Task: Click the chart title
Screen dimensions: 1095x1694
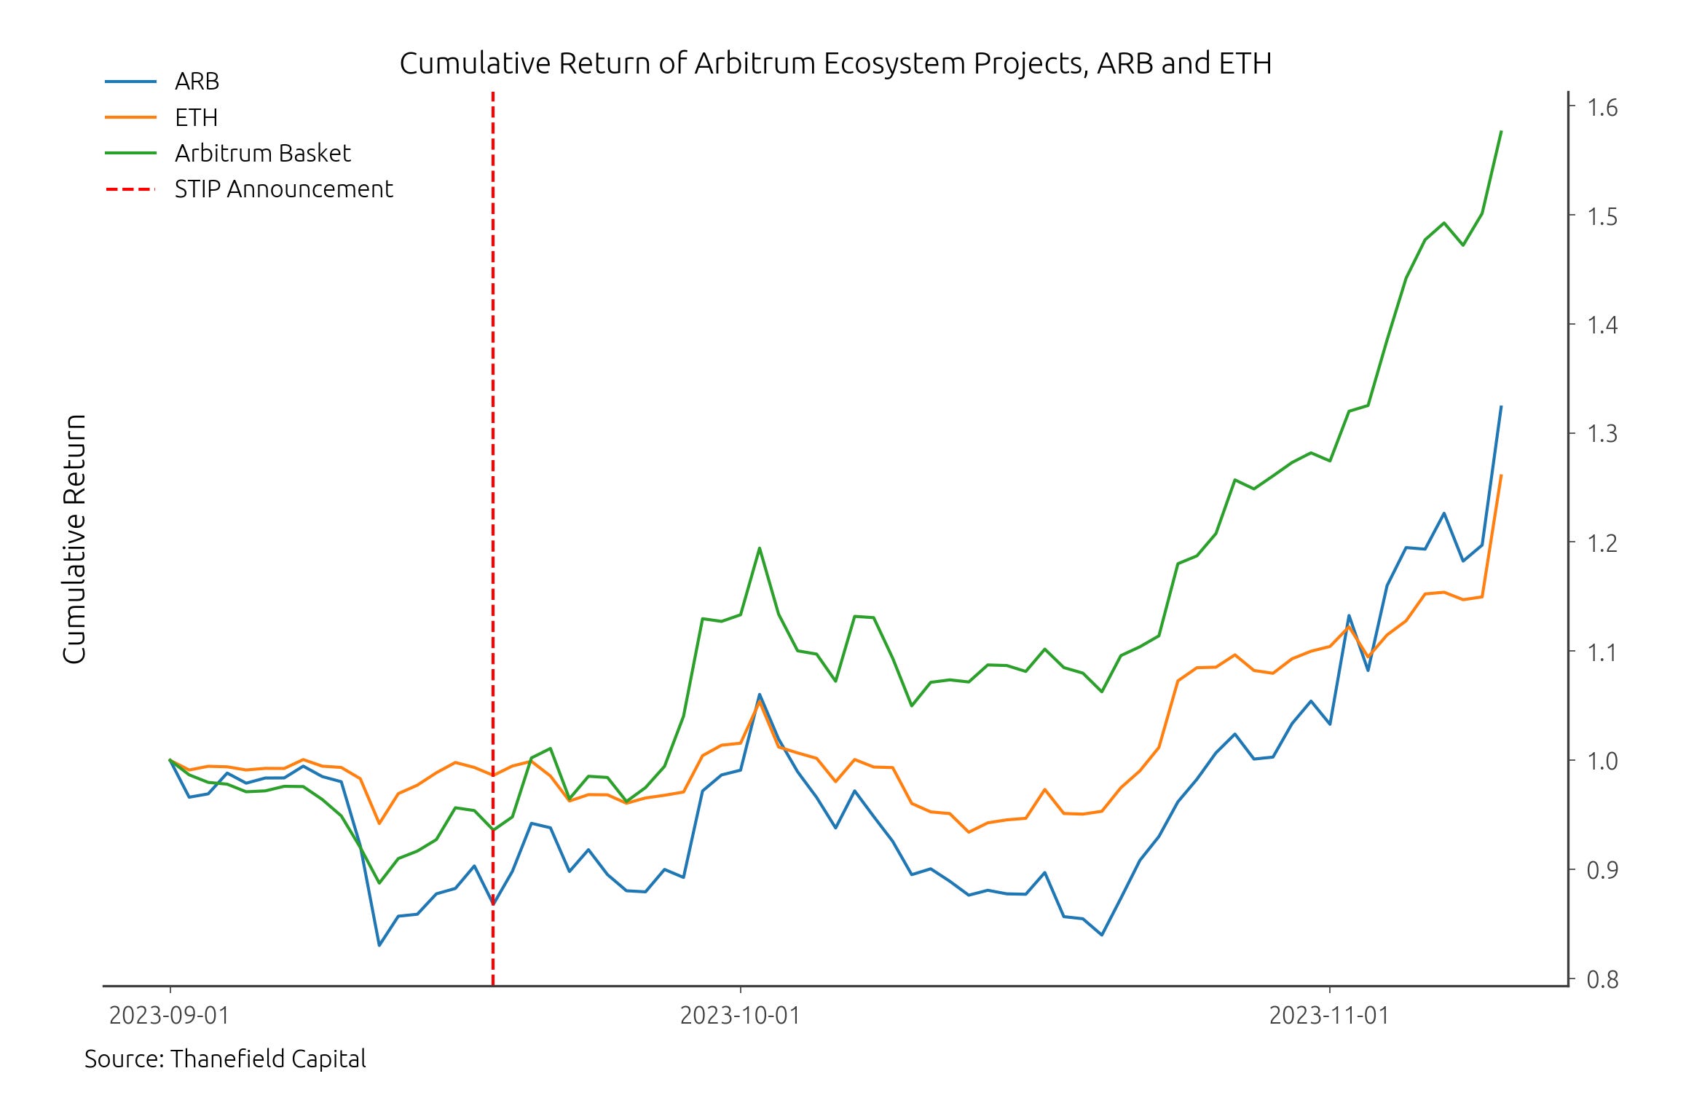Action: tap(835, 64)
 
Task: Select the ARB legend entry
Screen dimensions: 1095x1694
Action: tap(197, 82)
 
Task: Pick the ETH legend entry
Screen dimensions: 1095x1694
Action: tap(196, 117)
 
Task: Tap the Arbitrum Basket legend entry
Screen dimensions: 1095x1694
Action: tap(262, 153)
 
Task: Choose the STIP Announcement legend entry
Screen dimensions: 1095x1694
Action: tap(283, 189)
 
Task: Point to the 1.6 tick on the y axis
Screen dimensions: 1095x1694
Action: tap(1602, 108)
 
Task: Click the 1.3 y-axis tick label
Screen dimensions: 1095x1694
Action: tap(1602, 434)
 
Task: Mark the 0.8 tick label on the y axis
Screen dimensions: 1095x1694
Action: tap(1602, 980)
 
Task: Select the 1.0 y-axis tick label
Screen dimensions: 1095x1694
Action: tap(1602, 761)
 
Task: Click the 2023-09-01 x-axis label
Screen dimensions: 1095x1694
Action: tap(170, 1015)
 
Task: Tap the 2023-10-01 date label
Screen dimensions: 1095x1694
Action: tap(740, 1015)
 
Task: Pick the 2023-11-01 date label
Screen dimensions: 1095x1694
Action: tap(1329, 1015)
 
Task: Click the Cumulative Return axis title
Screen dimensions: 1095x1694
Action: tap(74, 539)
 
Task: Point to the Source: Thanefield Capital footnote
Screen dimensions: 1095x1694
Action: tap(225, 1059)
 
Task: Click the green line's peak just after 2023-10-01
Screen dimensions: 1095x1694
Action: tap(760, 548)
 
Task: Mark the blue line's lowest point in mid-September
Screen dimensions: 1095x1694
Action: tap(379, 945)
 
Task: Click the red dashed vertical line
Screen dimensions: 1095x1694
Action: tap(493, 510)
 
